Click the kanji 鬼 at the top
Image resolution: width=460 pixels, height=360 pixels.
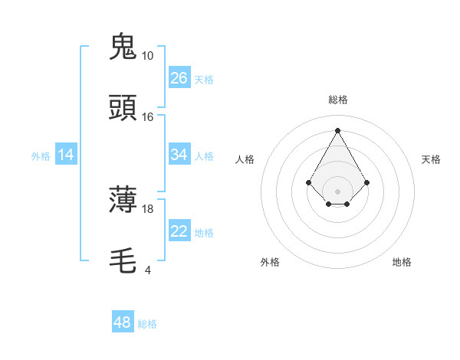tap(123, 47)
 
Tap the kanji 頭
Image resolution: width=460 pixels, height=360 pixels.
tap(123, 109)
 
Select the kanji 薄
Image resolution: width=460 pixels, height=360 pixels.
tap(123, 201)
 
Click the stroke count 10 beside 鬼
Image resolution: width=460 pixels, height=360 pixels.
tap(147, 56)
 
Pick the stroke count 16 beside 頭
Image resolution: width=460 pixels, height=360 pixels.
tap(147, 117)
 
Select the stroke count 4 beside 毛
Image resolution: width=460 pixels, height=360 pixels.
tap(147, 270)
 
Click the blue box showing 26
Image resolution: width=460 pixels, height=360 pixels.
tap(179, 78)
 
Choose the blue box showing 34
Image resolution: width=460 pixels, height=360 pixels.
tap(179, 155)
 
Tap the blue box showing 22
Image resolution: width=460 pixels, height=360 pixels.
tap(179, 231)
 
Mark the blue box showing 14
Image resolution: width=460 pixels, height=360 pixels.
tap(66, 155)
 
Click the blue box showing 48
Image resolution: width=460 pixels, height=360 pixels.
tap(123, 322)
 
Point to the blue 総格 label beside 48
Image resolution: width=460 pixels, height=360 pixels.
tap(147, 324)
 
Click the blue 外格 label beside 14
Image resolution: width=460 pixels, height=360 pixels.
tap(41, 156)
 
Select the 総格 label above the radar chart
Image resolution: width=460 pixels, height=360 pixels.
tap(337, 100)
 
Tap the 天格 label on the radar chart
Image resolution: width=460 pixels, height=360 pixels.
tap(431, 159)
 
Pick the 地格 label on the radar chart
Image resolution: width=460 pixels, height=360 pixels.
tap(402, 262)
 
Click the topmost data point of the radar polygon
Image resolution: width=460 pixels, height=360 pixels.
tap(337, 130)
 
